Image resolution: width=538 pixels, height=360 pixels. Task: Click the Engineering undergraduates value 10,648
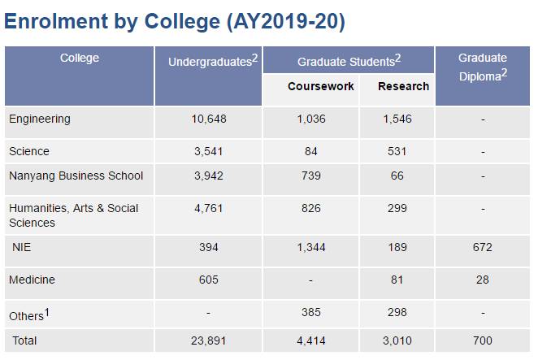pyautogui.click(x=209, y=119)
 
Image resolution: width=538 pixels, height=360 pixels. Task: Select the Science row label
pyautogui.click(x=29, y=151)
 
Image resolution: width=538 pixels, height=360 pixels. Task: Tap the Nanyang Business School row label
pyautogui.click(x=76, y=176)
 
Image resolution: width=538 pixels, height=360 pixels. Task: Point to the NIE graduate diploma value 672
pyautogui.click(x=482, y=247)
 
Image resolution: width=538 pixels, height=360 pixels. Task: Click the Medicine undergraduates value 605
pyautogui.click(x=209, y=280)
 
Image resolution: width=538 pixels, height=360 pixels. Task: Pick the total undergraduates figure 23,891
pyautogui.click(x=209, y=340)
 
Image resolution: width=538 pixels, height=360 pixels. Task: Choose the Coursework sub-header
pyautogui.click(x=321, y=86)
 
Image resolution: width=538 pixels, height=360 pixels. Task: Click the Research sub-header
pyautogui.click(x=404, y=86)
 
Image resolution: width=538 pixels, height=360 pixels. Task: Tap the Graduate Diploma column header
pyautogui.click(x=483, y=65)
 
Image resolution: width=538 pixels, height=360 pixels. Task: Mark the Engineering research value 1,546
pyautogui.click(x=397, y=119)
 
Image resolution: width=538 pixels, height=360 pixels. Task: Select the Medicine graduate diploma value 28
pyautogui.click(x=482, y=280)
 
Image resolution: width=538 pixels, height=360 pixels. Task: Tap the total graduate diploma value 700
pyautogui.click(x=482, y=340)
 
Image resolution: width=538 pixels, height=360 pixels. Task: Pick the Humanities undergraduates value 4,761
pyautogui.click(x=209, y=208)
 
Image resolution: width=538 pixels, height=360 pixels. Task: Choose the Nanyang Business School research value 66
pyautogui.click(x=397, y=176)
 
